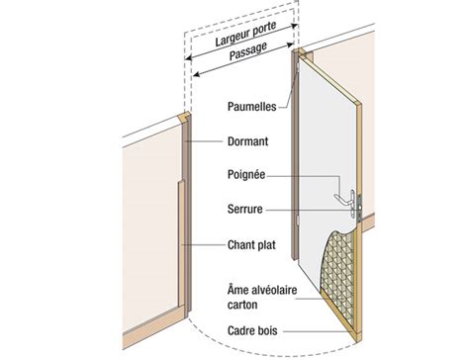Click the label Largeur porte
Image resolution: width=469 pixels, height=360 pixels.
(x=245, y=34)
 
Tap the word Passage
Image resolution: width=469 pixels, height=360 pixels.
(x=248, y=51)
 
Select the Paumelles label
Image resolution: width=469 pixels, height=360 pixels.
(x=252, y=107)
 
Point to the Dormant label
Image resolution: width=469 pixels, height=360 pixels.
(x=247, y=141)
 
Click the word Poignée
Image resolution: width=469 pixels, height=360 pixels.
(x=246, y=175)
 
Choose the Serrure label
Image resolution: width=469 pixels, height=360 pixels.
(x=245, y=209)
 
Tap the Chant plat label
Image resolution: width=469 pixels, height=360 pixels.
(x=251, y=245)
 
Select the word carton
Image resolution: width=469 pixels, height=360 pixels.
(x=242, y=305)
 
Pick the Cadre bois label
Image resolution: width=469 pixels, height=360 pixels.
(x=252, y=330)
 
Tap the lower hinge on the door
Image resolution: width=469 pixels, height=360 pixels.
(x=298, y=221)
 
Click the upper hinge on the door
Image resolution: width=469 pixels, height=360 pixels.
(x=298, y=67)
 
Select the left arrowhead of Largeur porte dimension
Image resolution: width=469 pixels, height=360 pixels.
(x=187, y=58)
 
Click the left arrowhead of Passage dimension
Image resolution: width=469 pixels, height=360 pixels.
(x=196, y=75)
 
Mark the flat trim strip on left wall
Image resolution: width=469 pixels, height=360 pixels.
(x=181, y=244)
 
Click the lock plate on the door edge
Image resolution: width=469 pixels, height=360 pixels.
(x=359, y=208)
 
